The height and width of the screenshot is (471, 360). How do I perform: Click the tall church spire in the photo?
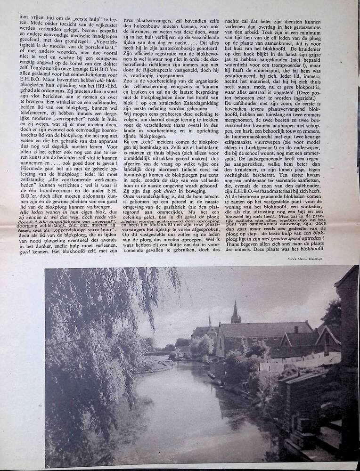236,311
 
